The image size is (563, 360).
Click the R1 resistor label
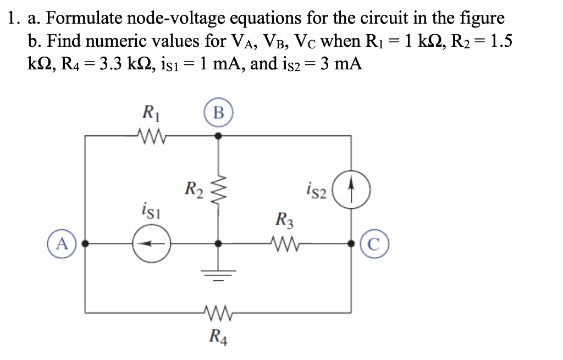[x=148, y=113]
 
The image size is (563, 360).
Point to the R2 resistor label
[x=194, y=190]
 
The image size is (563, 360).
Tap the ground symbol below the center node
[x=218, y=274]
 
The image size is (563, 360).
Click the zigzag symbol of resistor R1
[x=149, y=135]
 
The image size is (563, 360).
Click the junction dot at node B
[x=218, y=135]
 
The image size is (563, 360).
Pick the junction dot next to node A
[x=85, y=243]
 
